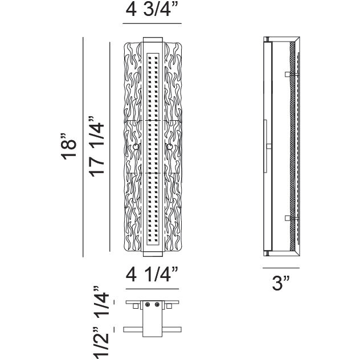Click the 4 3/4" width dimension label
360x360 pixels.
click(x=152, y=10)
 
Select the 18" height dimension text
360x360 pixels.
click(x=68, y=146)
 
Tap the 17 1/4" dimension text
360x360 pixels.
click(x=96, y=147)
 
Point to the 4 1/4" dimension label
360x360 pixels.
click(x=152, y=274)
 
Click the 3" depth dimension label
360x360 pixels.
click(x=281, y=283)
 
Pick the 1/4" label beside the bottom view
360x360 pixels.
click(x=102, y=302)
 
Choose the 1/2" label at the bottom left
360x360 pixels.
click(x=102, y=343)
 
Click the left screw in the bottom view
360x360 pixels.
click(x=148, y=305)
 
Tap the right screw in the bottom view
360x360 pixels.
click(x=157, y=305)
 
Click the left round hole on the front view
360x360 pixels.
click(x=136, y=146)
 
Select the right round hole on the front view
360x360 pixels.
click(x=169, y=146)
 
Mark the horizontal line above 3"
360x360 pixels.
click(x=281, y=268)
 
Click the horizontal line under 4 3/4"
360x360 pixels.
click(x=152, y=23)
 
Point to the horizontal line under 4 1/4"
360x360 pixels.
click(x=152, y=289)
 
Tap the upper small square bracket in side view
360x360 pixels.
click(x=287, y=74)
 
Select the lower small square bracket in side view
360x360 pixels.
click(x=287, y=218)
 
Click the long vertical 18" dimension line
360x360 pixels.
click(x=83, y=147)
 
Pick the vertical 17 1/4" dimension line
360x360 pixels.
click(x=110, y=147)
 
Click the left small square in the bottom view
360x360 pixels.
click(x=136, y=306)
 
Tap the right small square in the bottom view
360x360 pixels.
click(x=169, y=306)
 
